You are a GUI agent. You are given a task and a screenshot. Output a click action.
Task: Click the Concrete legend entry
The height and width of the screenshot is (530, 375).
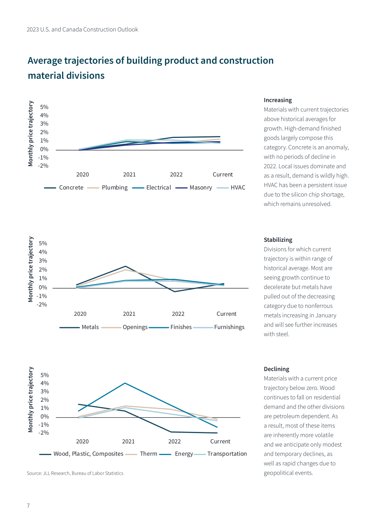point(64,188)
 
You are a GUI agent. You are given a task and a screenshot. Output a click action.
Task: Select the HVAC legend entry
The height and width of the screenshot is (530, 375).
point(231,188)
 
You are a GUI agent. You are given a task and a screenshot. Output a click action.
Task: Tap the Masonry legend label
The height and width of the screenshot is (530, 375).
point(201,188)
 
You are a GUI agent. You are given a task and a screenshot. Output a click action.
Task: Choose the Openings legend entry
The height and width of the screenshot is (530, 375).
point(124,327)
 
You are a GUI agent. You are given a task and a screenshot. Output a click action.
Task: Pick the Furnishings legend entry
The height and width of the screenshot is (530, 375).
point(218,327)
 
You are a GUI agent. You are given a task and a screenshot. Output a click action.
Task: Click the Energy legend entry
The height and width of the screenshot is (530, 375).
point(176,454)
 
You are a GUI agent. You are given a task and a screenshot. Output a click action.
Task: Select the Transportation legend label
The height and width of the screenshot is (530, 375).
point(227,454)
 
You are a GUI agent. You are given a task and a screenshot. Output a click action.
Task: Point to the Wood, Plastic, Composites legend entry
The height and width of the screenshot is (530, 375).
point(81,454)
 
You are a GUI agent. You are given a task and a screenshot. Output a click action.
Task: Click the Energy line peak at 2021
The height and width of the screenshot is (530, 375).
point(125,383)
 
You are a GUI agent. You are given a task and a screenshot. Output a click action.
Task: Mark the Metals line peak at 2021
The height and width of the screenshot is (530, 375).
point(125,266)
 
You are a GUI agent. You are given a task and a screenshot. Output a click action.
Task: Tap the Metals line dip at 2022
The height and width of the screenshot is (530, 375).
point(174,291)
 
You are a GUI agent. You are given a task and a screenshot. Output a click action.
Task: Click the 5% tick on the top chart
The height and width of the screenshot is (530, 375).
point(44,107)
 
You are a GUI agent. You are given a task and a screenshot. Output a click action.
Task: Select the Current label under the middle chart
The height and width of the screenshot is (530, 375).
point(227,314)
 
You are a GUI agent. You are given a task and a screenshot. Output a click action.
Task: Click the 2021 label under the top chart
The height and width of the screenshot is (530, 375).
point(129,175)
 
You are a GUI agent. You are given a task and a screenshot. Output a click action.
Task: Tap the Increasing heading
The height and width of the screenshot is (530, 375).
point(278,100)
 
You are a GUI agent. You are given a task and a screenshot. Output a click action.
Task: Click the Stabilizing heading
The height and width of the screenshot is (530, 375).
point(278,240)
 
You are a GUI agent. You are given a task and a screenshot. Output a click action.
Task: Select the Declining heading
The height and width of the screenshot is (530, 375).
point(276,369)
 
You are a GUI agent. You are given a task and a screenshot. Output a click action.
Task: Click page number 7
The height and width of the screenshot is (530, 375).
point(29,506)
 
